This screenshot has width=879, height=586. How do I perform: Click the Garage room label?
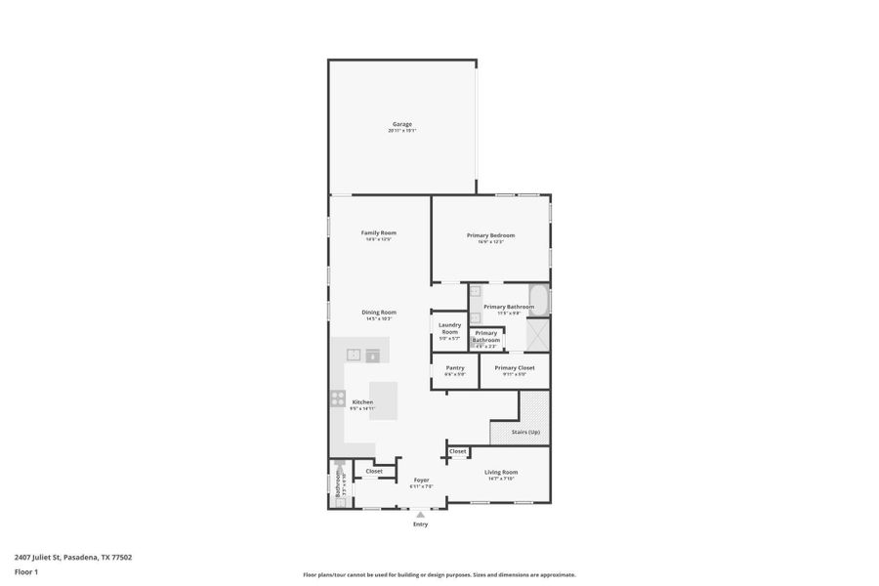point(401,124)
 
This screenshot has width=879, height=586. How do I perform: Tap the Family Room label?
point(379,232)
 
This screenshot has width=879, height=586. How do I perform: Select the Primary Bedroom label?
point(490,235)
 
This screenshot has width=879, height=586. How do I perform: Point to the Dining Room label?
point(380,313)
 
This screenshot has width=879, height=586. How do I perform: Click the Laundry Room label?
point(449,328)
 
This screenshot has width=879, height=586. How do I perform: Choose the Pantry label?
point(455,368)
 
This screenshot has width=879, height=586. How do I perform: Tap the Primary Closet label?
point(514,368)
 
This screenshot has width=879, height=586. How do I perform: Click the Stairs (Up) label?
point(525,432)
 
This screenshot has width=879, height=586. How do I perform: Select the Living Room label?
point(502,472)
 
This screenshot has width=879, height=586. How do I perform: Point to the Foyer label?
point(421,480)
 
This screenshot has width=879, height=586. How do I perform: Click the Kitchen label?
point(362,402)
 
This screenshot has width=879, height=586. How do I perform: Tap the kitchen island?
point(384,400)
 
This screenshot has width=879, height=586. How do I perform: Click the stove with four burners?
point(338,398)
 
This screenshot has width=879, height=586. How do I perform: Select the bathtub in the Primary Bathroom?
point(539,299)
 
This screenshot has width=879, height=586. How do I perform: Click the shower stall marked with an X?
point(538,334)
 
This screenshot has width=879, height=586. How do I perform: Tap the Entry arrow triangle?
point(420,515)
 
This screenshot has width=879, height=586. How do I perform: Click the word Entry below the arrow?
point(420,525)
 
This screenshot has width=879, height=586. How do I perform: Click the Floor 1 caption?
point(25,571)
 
